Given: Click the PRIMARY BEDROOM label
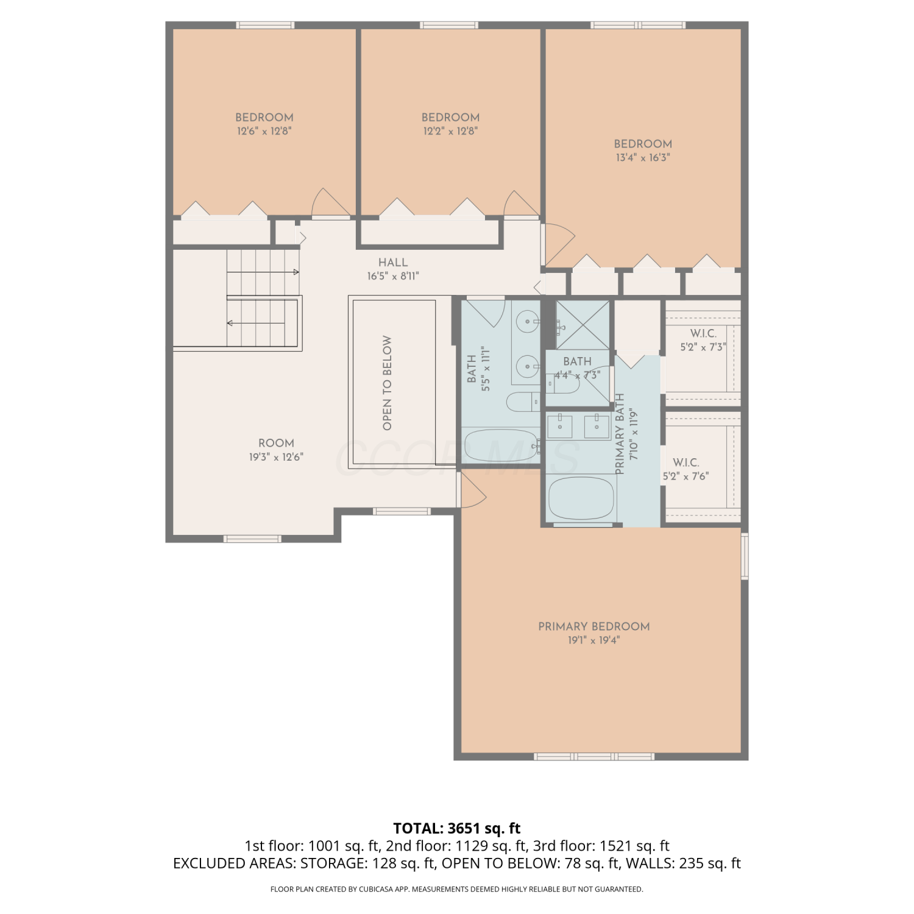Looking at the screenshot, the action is (x=593, y=626).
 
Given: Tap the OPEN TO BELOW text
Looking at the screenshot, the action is (x=387, y=383).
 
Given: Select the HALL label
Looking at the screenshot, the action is (x=393, y=263).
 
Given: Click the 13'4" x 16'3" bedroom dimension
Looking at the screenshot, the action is (x=643, y=158).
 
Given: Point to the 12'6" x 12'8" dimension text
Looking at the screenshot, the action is (x=264, y=131).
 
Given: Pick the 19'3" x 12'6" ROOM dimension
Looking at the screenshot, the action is (x=276, y=457).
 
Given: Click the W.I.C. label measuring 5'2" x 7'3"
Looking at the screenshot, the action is (x=703, y=334).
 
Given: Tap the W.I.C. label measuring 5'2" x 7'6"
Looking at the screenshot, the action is (x=686, y=463).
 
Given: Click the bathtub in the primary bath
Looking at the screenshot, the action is (x=581, y=498).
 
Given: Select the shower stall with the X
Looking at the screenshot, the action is (x=583, y=326).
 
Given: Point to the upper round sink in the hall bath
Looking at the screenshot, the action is (x=528, y=320).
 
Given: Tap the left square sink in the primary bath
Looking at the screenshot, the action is (x=559, y=426).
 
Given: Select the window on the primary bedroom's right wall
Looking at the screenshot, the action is (x=745, y=556).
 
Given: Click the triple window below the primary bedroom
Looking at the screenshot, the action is (x=594, y=757).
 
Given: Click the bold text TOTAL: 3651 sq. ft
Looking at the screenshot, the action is (x=457, y=829).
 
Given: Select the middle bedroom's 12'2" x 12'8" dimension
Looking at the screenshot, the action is (x=450, y=131).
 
